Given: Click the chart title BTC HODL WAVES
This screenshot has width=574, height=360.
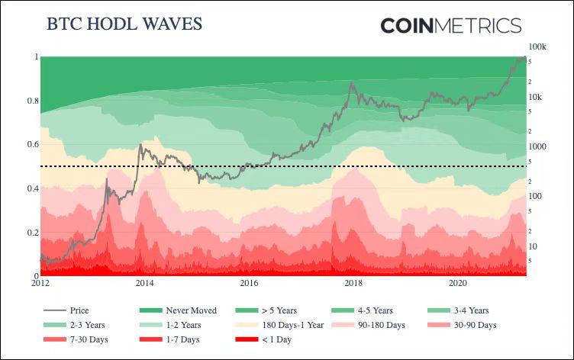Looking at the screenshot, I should [124, 24].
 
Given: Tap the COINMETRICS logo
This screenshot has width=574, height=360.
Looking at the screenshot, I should [450, 25].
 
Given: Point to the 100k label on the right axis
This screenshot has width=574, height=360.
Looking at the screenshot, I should [537, 47].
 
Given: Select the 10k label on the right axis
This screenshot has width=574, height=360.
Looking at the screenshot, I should [536, 97].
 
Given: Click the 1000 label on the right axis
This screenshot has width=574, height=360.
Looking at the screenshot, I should [537, 146].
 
